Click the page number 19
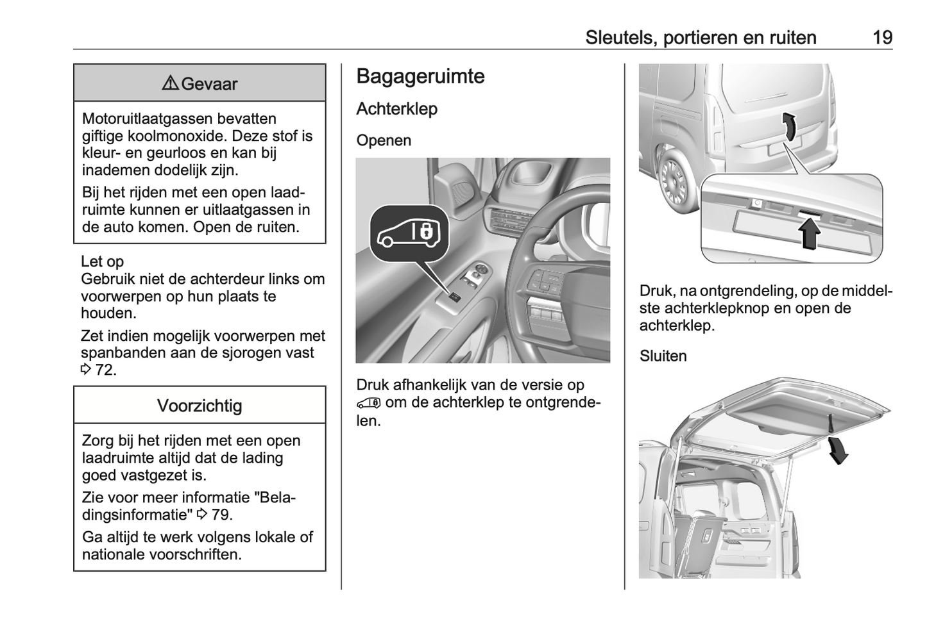(x=882, y=38)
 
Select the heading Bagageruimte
(x=420, y=76)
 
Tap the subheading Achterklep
(x=396, y=109)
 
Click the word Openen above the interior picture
(x=384, y=140)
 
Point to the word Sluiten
(x=663, y=356)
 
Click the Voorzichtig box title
(x=200, y=406)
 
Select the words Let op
(x=102, y=261)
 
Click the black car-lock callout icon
(x=409, y=235)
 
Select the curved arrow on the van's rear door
(x=792, y=125)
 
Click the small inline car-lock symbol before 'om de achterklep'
(x=369, y=403)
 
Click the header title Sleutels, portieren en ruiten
(x=701, y=38)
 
